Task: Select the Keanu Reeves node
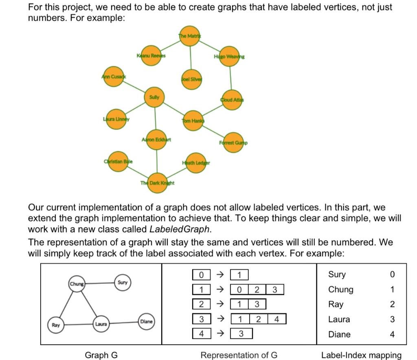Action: (x=151, y=57)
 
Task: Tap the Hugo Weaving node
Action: (x=229, y=57)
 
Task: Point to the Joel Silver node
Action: (x=191, y=79)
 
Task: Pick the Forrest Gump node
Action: (x=233, y=143)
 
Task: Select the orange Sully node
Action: (x=154, y=98)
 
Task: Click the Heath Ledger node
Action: (x=196, y=163)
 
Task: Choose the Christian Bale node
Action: (x=118, y=161)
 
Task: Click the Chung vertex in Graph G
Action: (x=77, y=284)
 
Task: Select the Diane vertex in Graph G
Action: (x=146, y=321)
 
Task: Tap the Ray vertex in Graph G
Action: (x=56, y=325)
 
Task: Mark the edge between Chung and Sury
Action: (x=99, y=283)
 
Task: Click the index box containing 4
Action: (x=201, y=334)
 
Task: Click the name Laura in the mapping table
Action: (x=339, y=319)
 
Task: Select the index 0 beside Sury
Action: (x=392, y=275)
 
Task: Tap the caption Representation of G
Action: (x=239, y=355)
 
